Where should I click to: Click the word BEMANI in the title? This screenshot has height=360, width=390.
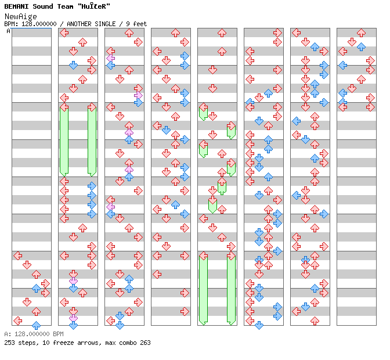pos(16,6)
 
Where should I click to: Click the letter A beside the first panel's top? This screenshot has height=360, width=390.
pos(9,31)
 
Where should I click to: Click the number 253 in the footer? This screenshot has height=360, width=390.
pos(10,343)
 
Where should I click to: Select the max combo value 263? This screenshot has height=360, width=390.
pos(145,343)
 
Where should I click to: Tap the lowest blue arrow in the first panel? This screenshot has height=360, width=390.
pos(36,325)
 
